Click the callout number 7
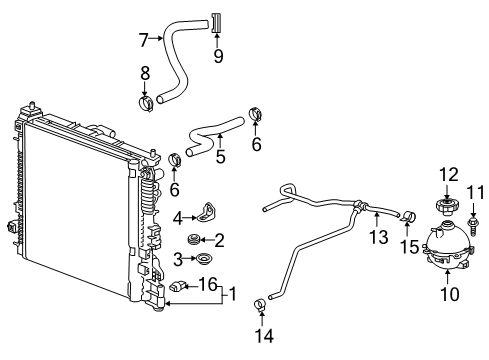(x=144, y=40)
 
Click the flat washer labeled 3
(x=203, y=261)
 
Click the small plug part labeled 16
(x=178, y=289)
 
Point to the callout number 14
(x=264, y=337)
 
